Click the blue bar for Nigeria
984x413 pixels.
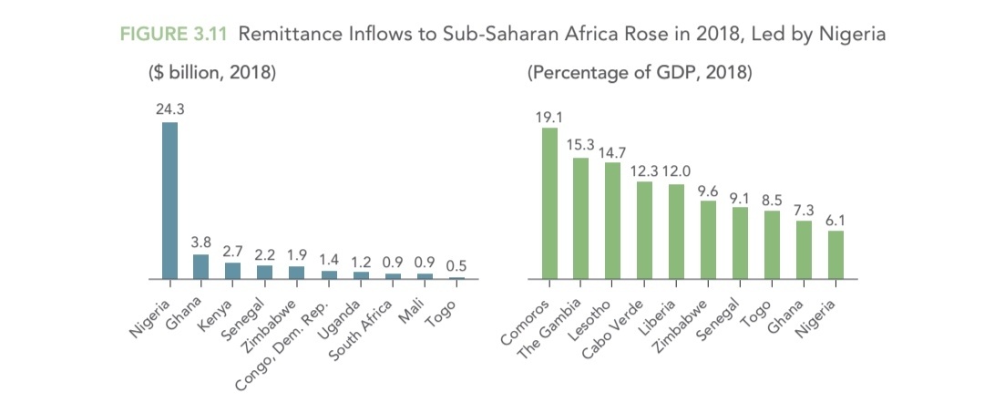point(169,200)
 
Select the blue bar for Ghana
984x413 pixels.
point(200,266)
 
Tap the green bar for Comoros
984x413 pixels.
point(549,202)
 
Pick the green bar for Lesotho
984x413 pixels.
point(612,220)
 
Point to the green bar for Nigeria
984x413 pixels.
point(835,254)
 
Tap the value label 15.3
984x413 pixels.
point(580,145)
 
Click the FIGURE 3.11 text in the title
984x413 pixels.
point(173,35)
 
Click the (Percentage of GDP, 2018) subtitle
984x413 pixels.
point(640,73)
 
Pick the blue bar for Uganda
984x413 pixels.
point(362,274)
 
